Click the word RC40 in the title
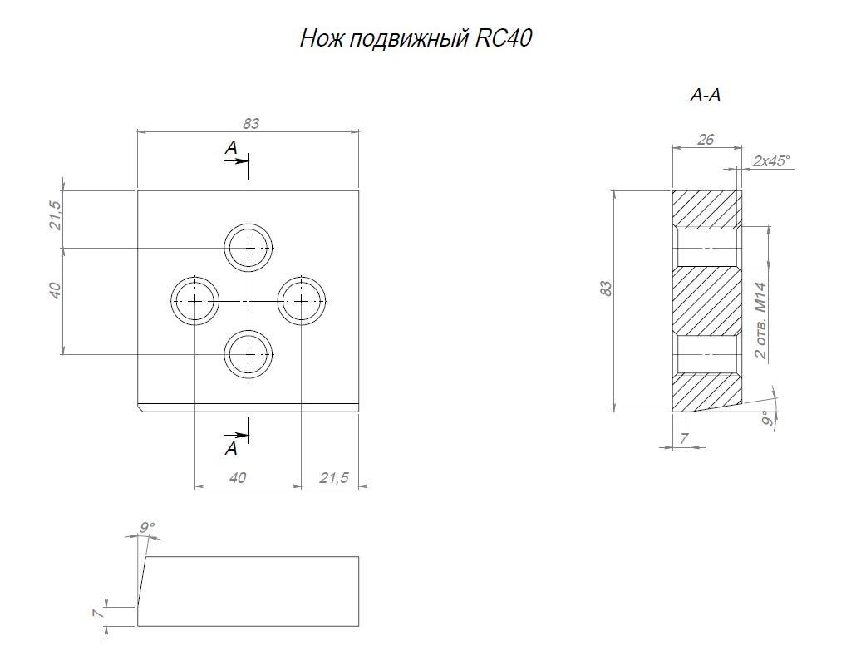coord(504,39)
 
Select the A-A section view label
coord(705,96)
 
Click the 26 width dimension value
coord(706,140)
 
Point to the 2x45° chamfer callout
coord(771,161)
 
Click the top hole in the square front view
coord(248,247)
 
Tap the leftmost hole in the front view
coord(194,300)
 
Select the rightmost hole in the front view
coord(301,300)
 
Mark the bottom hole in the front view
coord(248,353)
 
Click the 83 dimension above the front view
coord(251,123)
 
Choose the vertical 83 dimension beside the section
coord(607,289)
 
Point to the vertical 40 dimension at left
coord(56,291)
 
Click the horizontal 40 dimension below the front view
coord(238,478)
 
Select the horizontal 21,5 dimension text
coord(333,478)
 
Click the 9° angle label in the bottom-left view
coord(147,527)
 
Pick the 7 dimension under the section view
coord(683,438)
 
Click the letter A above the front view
coord(231,147)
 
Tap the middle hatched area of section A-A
coord(706,300)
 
